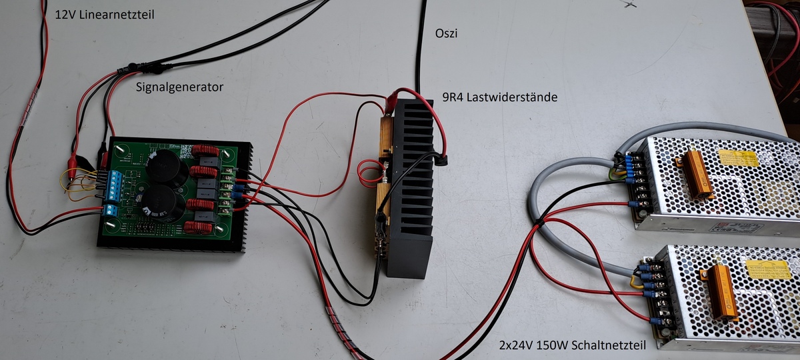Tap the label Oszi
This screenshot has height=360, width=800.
446,33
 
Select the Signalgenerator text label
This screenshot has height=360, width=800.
179,87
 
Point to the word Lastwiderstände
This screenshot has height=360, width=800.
512,97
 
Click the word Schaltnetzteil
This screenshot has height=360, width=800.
609,345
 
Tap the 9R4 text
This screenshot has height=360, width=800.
453,97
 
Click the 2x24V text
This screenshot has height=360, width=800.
516,345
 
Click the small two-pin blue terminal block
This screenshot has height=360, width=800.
111,210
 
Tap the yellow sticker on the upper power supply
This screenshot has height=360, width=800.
738,158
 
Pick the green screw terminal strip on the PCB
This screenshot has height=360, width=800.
226,191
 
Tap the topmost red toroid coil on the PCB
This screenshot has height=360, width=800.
205,151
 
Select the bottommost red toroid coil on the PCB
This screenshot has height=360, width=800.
198,227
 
